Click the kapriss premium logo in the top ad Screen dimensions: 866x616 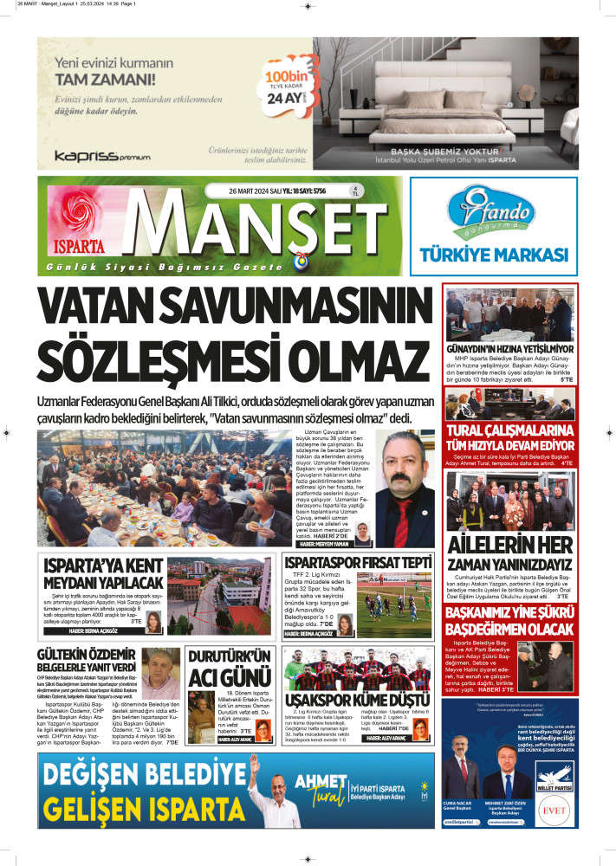click(x=102, y=156)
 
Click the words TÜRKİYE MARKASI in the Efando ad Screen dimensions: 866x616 click(x=494, y=255)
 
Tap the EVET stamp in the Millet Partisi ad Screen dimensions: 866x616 click(x=554, y=812)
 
